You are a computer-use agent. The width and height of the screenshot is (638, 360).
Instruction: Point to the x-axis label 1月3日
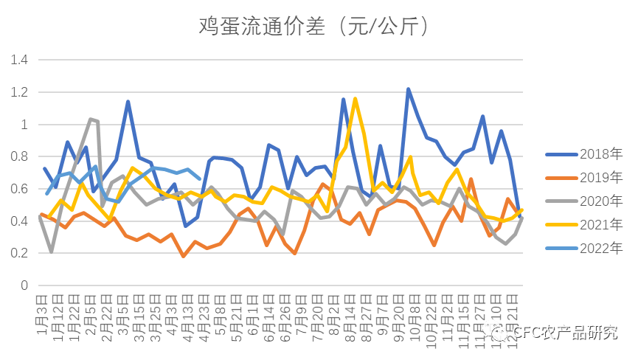42,314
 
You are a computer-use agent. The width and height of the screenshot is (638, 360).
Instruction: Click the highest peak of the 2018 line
408,89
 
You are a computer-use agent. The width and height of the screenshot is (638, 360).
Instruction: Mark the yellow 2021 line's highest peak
355,99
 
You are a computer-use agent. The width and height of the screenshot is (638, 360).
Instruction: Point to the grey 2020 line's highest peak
90,119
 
